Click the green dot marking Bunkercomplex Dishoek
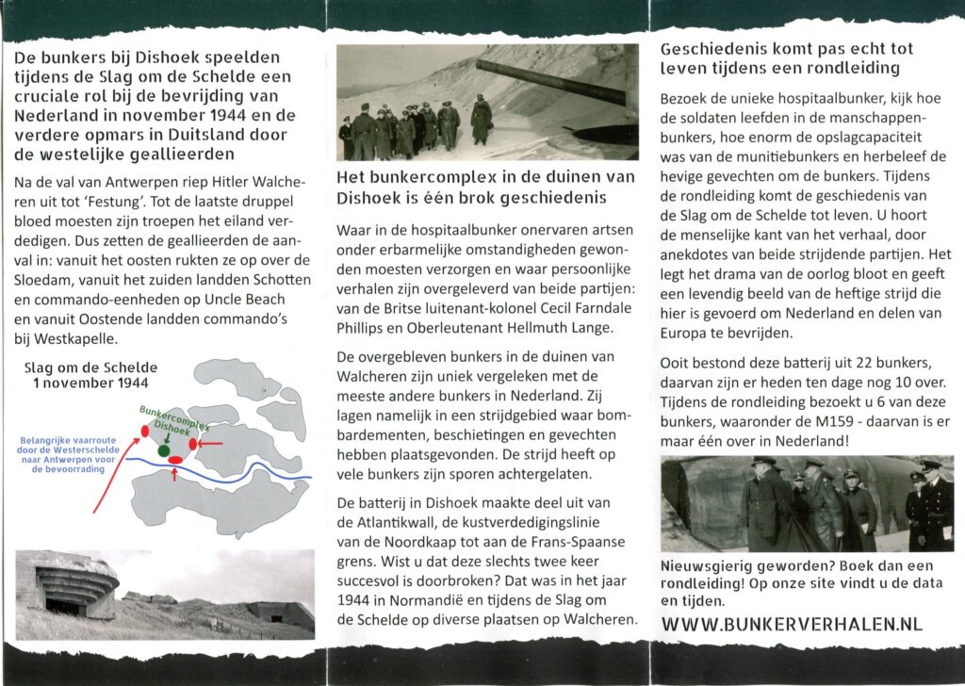(x=164, y=451)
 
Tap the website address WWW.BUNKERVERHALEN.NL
(x=793, y=624)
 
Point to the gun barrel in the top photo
(x=550, y=81)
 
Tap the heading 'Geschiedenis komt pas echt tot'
(x=787, y=49)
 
